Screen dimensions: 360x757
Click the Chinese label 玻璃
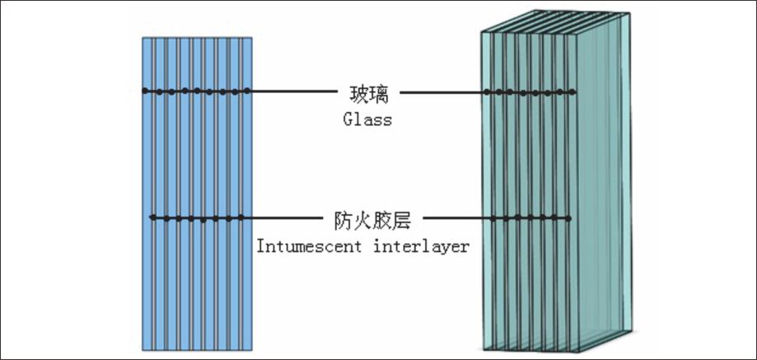coord(367,91)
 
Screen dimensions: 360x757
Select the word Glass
coord(367,119)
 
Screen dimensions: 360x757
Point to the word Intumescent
coord(302,246)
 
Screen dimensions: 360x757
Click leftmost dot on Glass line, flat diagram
coord(145,91)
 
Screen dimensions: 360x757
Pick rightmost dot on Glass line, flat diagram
coord(246,91)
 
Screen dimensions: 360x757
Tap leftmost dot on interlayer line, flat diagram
coord(152,218)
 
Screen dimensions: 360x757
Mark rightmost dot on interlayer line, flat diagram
coord(241,218)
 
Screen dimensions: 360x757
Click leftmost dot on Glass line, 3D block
coord(487,91)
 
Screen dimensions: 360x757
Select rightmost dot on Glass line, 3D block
coord(573,91)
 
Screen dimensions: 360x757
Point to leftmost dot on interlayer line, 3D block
coord(493,219)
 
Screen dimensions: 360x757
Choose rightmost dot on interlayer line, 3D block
coord(568,219)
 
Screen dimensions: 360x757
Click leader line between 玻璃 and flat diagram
coord(292,91)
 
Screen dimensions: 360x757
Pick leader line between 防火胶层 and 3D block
coord(457,219)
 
